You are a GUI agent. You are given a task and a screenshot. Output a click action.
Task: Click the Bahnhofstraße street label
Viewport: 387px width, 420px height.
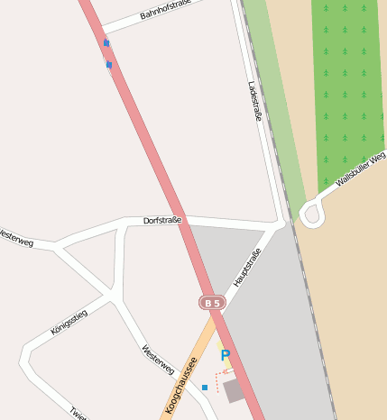(167, 11)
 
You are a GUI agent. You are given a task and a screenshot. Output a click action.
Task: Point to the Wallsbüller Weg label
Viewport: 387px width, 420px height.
(360, 169)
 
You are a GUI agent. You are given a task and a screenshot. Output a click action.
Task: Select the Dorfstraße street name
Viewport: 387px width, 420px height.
(162, 221)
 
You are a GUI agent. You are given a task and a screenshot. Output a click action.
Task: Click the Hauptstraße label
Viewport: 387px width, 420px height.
(246, 268)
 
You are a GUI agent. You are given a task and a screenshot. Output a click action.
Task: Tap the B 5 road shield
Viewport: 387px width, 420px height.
(212, 303)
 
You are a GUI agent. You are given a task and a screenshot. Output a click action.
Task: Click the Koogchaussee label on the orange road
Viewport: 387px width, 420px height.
(181, 385)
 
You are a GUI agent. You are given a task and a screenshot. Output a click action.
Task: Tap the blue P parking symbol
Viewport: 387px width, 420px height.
(225, 356)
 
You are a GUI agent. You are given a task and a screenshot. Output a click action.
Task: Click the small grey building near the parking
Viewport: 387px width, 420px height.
(235, 390)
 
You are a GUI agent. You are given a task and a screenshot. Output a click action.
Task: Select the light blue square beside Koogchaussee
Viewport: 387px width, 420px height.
(205, 388)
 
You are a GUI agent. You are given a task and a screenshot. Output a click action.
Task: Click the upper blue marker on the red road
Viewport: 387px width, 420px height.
(106, 42)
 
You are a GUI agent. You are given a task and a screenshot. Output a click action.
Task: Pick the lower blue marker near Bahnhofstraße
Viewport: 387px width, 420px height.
(109, 65)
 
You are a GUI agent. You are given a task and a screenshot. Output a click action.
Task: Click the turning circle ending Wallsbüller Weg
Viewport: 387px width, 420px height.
(312, 215)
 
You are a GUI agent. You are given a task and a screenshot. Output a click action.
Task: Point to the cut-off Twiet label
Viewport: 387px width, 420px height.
(78, 413)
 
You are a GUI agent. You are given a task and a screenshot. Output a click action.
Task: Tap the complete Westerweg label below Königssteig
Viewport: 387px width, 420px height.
(158, 359)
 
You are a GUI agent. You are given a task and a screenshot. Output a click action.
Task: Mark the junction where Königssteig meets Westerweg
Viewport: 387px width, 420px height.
(112, 296)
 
